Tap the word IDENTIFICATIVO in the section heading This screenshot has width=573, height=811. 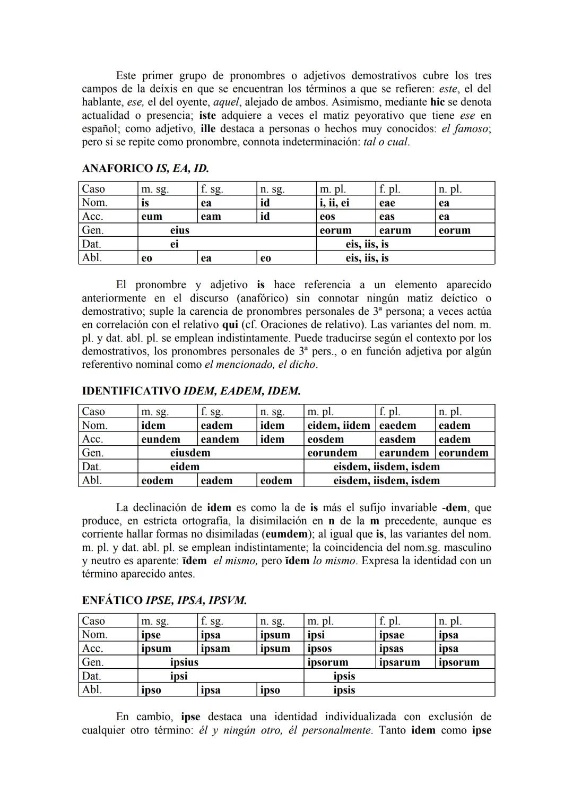click(x=131, y=391)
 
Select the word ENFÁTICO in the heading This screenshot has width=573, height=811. click(x=112, y=600)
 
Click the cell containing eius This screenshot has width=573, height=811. click(x=179, y=230)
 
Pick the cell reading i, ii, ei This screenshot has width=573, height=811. click(x=334, y=203)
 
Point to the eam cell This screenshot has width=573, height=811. click(x=211, y=217)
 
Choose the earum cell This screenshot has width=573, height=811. click(x=395, y=230)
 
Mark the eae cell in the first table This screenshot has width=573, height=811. click(x=387, y=203)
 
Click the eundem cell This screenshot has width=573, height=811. click(x=161, y=439)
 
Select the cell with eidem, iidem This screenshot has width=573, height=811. click(x=338, y=426)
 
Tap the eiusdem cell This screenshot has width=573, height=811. click(x=190, y=453)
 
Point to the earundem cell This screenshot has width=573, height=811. click(x=404, y=453)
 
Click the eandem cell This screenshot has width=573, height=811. click(x=220, y=439)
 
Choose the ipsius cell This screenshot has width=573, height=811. click(x=184, y=662)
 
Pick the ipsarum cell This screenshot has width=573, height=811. click(x=400, y=662)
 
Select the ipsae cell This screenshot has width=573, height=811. click(x=392, y=635)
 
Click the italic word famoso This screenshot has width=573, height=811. click(x=471, y=129)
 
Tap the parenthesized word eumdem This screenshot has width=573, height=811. click(x=286, y=534)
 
